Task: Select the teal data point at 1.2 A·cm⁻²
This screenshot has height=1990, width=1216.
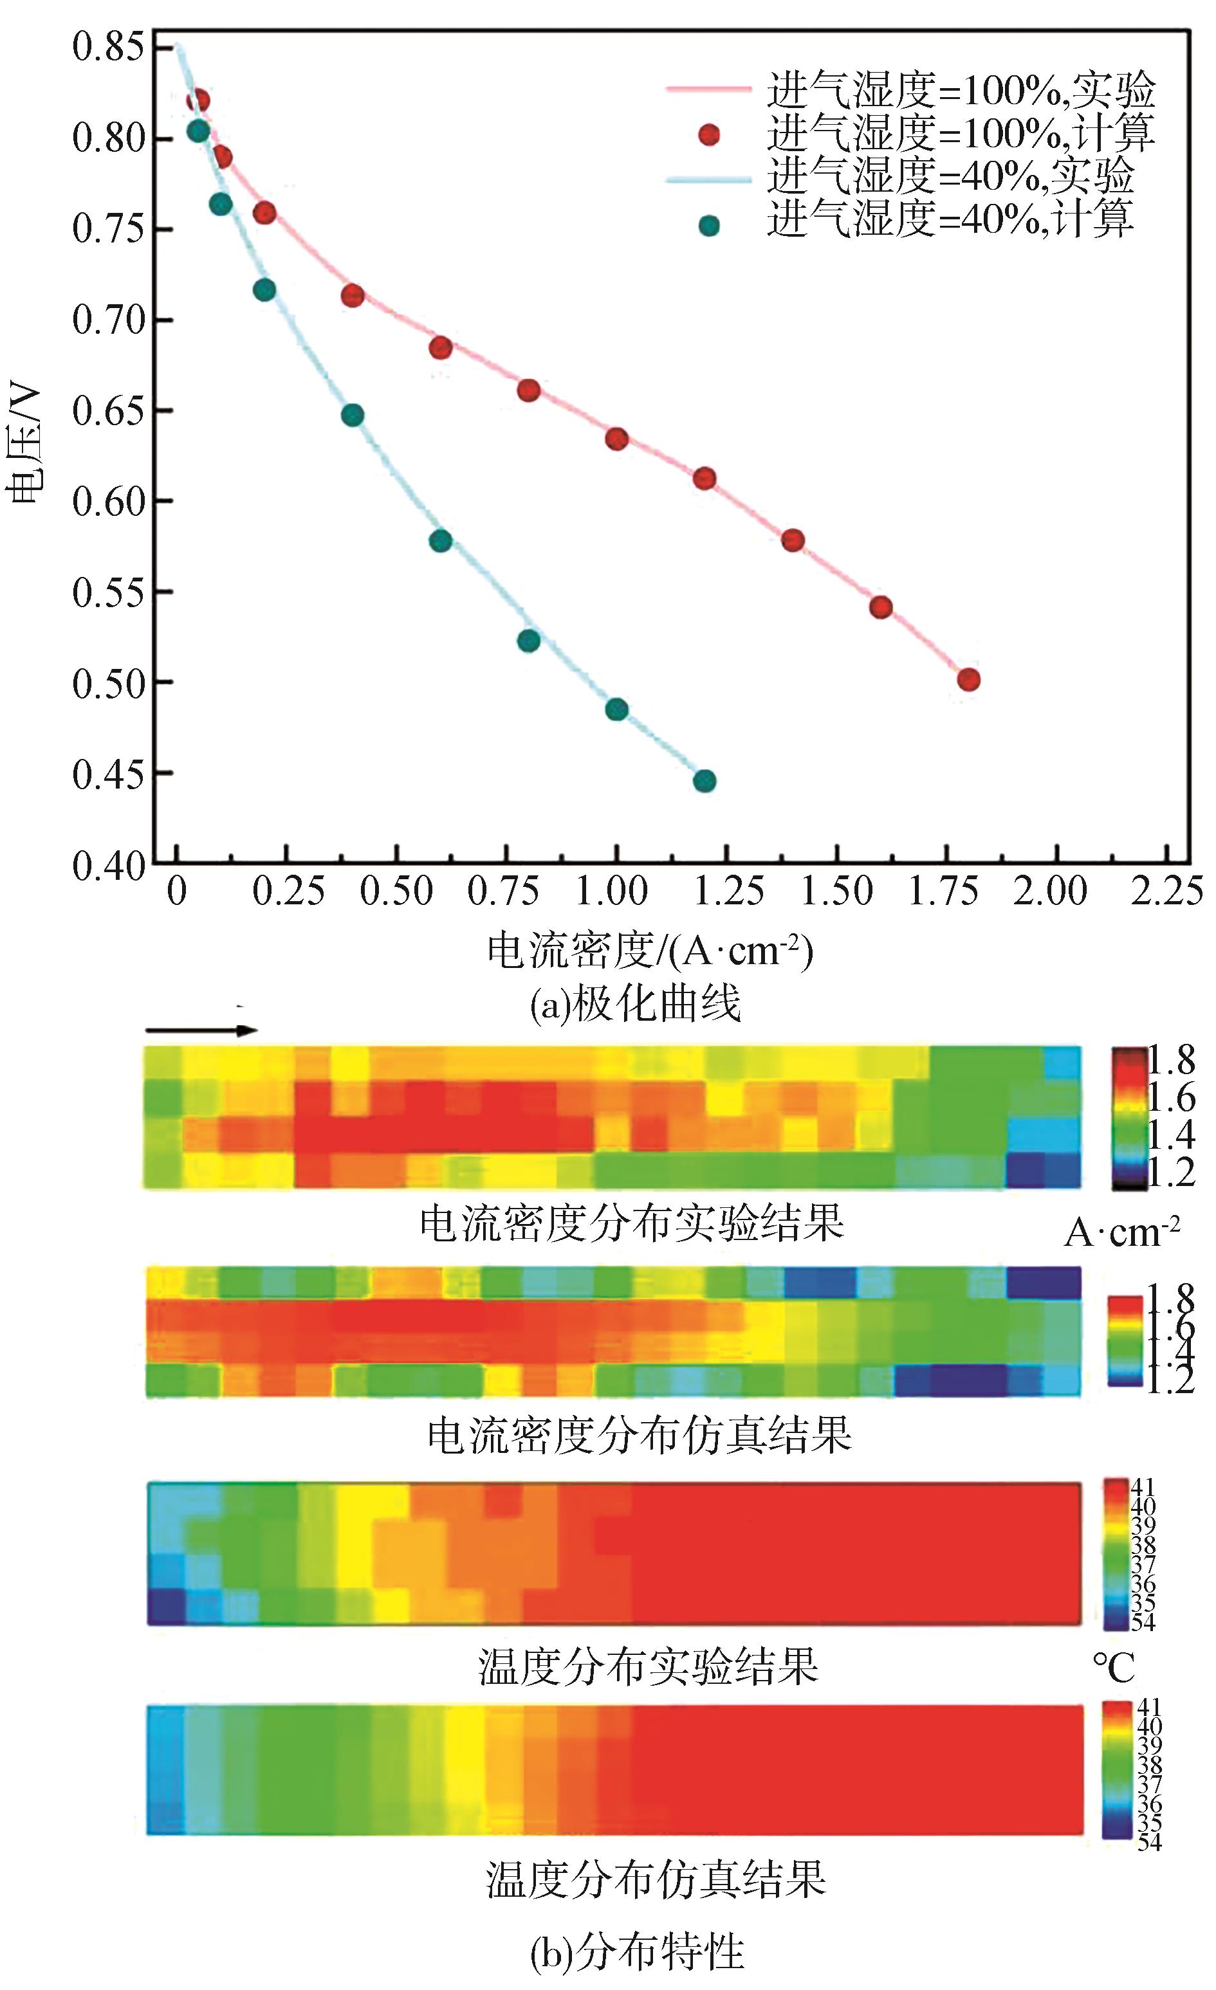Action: (705, 781)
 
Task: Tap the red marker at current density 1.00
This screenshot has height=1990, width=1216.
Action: (616, 439)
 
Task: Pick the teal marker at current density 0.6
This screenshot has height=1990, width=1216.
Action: (440, 540)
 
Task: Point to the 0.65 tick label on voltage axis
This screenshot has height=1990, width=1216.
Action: (108, 411)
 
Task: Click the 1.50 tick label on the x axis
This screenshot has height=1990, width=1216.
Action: (836, 891)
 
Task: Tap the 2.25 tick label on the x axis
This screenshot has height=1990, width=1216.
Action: (1166, 891)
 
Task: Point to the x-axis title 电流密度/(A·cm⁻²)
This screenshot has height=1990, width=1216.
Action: (650, 951)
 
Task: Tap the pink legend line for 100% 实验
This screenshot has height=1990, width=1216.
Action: (708, 89)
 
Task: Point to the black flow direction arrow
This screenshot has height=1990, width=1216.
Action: (201, 1030)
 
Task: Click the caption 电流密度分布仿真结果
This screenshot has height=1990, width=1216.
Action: (638, 1435)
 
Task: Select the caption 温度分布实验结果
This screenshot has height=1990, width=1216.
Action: (647, 1665)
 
